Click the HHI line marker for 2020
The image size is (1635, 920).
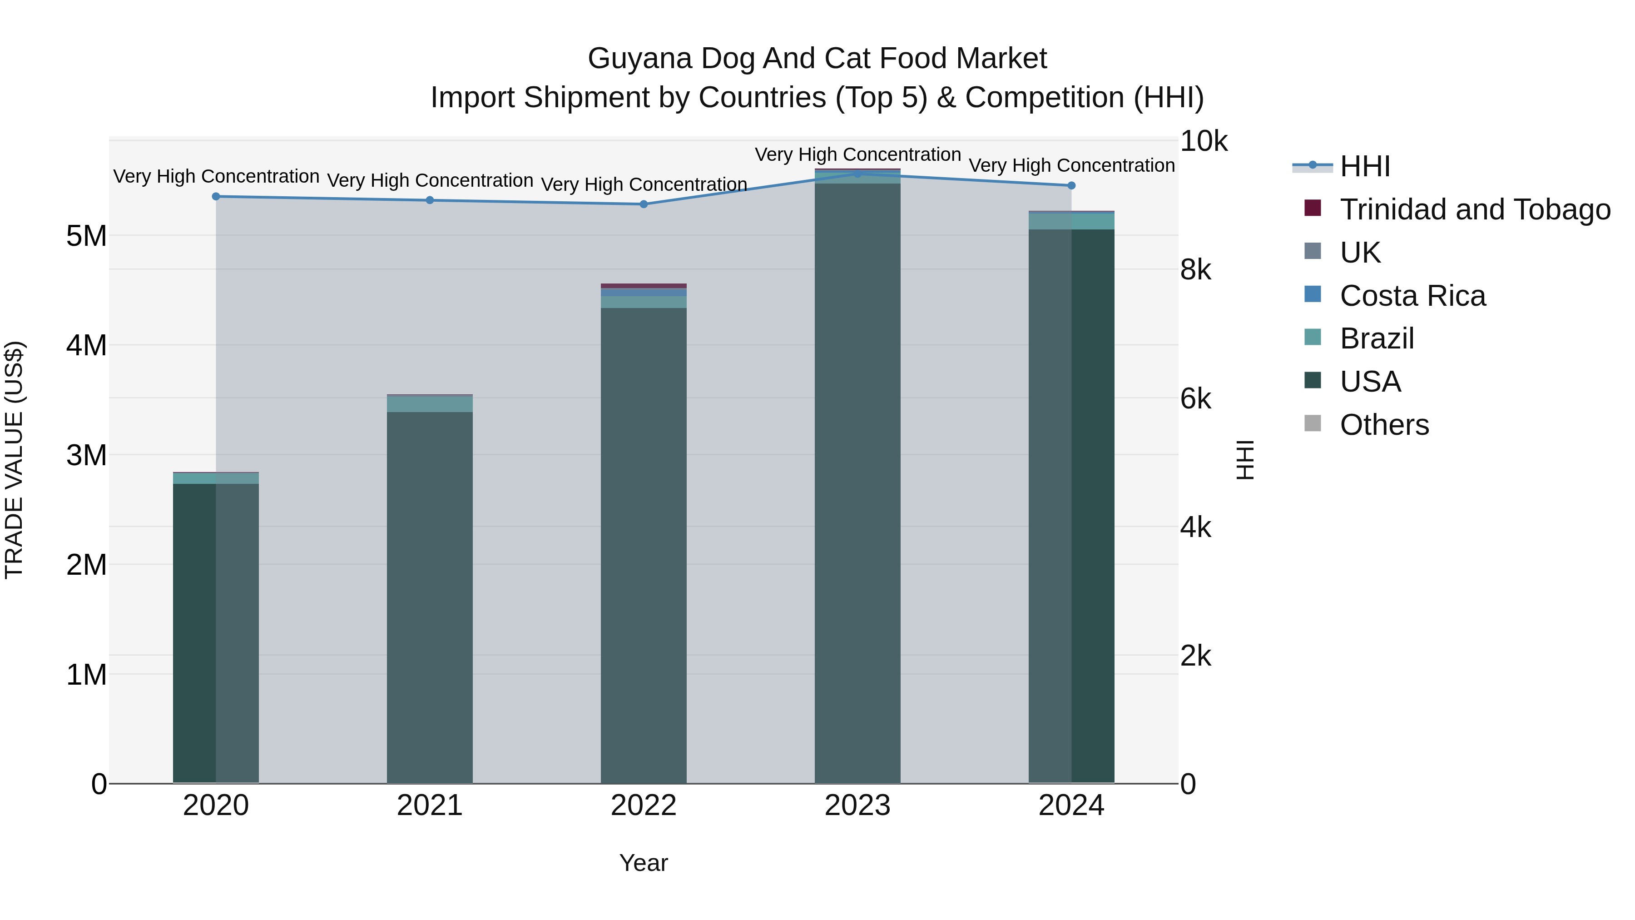216,197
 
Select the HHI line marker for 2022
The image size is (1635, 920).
644,204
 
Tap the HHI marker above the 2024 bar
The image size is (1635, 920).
1071,185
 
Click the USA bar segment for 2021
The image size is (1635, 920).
430,597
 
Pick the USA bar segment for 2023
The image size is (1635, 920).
857,482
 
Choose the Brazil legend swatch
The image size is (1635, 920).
1313,338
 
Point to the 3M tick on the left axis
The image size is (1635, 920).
86,455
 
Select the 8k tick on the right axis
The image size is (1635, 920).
1196,270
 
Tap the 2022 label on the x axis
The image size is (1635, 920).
644,806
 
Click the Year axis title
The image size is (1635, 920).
644,863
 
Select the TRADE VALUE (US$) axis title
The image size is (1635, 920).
14,460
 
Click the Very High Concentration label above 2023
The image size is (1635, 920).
857,154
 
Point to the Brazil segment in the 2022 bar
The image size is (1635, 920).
644,302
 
